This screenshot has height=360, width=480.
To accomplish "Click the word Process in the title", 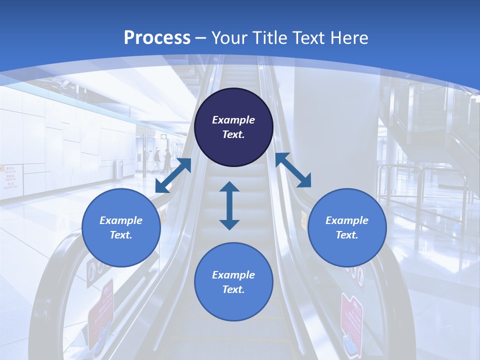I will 157,37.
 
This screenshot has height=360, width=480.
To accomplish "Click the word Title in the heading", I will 269,37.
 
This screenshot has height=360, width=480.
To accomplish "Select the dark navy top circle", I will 233,127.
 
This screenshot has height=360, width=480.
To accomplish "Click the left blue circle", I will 121,227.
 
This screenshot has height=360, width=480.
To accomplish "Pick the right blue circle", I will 347,227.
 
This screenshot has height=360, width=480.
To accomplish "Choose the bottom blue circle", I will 233,281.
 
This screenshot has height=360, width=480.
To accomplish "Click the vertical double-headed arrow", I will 229,205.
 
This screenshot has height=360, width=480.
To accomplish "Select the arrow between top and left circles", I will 173,175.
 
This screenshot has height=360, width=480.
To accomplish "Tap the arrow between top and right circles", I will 293,170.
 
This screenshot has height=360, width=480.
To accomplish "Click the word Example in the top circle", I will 233,120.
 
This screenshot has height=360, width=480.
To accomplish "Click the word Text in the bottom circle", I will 233,289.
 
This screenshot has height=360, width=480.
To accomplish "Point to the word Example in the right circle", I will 347,220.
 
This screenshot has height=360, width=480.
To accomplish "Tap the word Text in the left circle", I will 121,235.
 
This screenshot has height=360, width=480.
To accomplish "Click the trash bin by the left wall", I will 118,169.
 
